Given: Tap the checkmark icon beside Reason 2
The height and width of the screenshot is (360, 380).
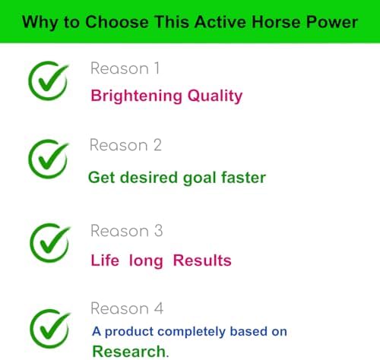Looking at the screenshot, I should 48,159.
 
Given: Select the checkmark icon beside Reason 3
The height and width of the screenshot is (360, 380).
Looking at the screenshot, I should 48,242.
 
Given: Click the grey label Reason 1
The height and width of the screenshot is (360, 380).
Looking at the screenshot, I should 125,68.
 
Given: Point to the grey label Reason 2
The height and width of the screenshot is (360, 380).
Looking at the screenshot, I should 125,145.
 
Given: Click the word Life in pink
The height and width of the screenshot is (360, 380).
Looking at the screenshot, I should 105,261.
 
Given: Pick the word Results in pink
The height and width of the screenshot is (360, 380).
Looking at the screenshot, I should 202,261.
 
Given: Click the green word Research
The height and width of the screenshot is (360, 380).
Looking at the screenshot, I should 128,351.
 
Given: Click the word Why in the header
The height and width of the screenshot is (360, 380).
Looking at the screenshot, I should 39,21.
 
